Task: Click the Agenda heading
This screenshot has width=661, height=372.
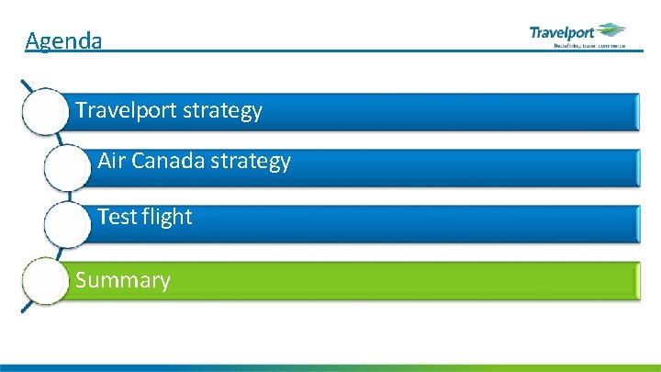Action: point(63,40)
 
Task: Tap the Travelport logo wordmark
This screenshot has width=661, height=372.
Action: point(561,33)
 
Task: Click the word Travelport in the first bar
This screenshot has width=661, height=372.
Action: point(127,111)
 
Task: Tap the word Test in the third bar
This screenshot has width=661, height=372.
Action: point(116,217)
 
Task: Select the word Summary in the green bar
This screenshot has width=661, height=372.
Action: point(123,280)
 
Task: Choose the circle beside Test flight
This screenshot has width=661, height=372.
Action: point(67,224)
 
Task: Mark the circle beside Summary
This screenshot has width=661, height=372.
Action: point(45,281)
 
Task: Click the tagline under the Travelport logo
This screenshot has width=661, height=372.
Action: point(588,45)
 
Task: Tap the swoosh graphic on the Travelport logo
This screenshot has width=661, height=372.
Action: point(611,30)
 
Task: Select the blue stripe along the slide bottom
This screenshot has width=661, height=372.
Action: point(330,367)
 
